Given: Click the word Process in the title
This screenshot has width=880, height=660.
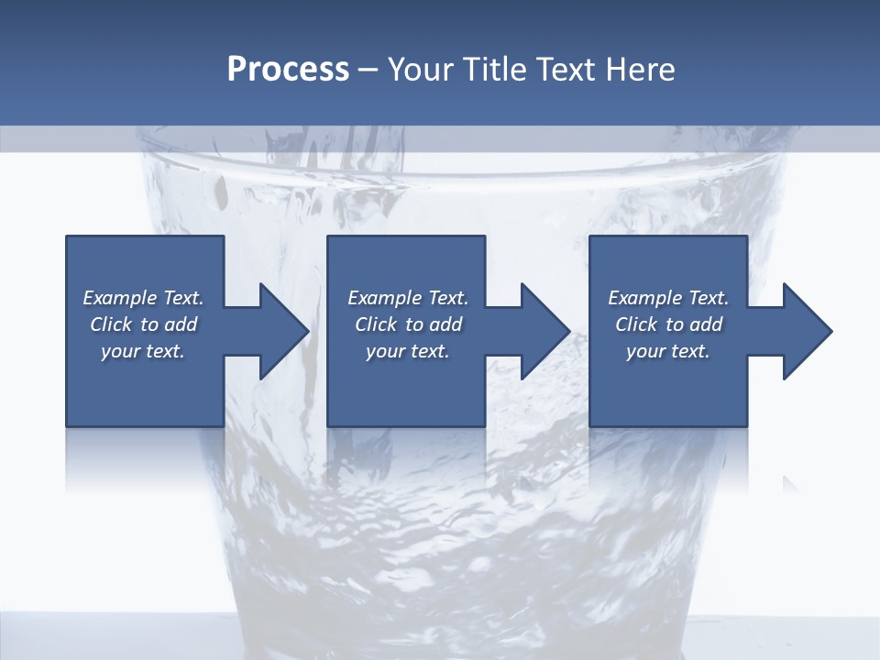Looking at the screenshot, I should [x=288, y=70].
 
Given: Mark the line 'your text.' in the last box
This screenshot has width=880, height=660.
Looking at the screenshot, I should [x=667, y=351].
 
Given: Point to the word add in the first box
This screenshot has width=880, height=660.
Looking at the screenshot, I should [x=181, y=324].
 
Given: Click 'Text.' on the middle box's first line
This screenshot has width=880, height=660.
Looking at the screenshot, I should [x=447, y=298].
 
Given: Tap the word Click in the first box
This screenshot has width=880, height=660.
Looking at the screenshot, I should [x=112, y=324].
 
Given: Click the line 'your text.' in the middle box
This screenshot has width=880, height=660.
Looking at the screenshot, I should [x=407, y=351].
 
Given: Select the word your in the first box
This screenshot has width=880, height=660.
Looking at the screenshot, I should [x=119, y=352].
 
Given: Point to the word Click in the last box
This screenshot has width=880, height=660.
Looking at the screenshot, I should [x=637, y=324].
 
